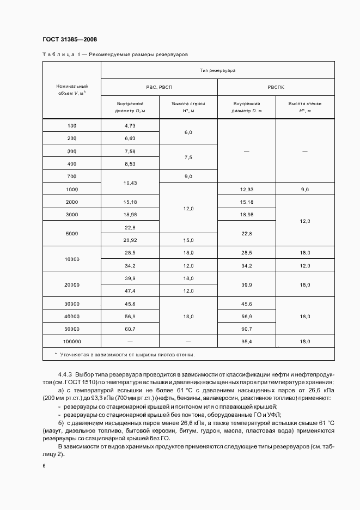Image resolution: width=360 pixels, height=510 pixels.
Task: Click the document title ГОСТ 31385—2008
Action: (69, 39)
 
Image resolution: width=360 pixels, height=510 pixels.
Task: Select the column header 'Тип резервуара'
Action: (217, 70)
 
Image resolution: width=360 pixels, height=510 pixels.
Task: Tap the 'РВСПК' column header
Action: (276, 87)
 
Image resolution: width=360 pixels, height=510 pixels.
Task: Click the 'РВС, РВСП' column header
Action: (159, 87)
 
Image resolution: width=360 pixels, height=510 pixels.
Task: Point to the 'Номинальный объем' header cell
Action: (72, 90)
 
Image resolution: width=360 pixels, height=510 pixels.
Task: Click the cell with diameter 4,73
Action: (130, 126)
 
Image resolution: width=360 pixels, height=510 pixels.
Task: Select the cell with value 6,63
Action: (130, 138)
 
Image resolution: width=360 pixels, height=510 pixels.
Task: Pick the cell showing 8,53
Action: (130, 163)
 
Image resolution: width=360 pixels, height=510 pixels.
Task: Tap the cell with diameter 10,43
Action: (130, 183)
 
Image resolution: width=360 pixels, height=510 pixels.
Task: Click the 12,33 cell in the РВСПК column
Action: (246, 189)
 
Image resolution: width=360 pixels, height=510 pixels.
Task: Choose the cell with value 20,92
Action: (130, 240)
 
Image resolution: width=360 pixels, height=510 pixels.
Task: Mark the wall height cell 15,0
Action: (188, 240)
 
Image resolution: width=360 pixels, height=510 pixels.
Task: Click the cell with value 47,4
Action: (130, 291)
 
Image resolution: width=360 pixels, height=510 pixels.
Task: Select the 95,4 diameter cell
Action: (246, 341)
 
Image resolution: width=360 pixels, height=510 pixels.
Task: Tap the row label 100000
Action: (72, 341)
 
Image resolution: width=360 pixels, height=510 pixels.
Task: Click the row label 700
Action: (72, 177)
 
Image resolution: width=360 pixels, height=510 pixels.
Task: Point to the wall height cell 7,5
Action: (188, 157)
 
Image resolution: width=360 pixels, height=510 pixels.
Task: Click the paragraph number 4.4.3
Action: (65, 374)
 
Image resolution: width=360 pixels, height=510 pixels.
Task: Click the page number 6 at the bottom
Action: (44, 466)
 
